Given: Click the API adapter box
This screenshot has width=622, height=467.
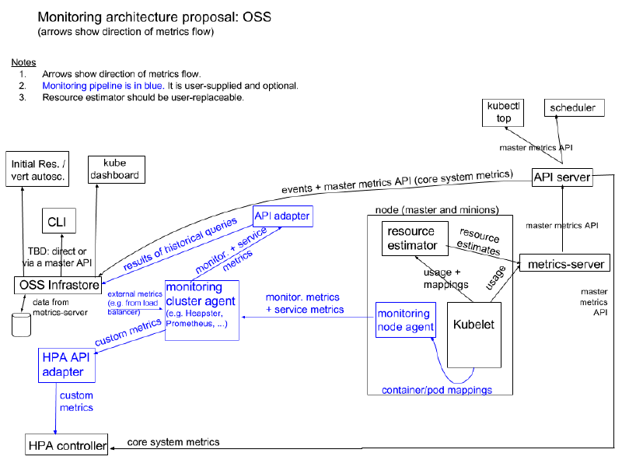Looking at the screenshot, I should pyautogui.click(x=283, y=216).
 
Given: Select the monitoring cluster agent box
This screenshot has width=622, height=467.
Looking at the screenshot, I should pyautogui.click(x=201, y=310).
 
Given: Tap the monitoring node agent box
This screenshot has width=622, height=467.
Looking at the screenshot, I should pyautogui.click(x=405, y=319).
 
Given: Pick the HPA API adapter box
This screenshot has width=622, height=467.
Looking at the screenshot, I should pyautogui.click(x=67, y=365).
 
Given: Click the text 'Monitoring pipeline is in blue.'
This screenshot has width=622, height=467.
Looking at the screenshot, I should pyautogui.click(x=103, y=86).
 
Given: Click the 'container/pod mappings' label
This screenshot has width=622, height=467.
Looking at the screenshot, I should pyautogui.click(x=436, y=390).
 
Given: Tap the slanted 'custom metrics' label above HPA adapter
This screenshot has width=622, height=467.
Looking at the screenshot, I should pyautogui.click(x=128, y=332).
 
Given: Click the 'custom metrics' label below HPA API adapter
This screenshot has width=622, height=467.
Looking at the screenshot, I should pyautogui.click(x=76, y=402).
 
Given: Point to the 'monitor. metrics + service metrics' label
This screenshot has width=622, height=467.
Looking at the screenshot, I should pyautogui.click(x=304, y=304).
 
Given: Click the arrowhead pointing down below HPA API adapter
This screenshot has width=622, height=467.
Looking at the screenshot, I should pyautogui.click(x=55, y=430).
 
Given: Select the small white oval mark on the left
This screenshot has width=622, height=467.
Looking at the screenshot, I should pyautogui.click(x=21, y=315).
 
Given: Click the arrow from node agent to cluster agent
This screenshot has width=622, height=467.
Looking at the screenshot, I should pyautogui.click(x=311, y=317).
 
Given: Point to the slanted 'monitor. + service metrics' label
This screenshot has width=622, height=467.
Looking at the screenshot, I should pyautogui.click(x=231, y=251).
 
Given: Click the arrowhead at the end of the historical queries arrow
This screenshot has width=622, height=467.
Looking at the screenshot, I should pyautogui.click(x=104, y=283).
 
